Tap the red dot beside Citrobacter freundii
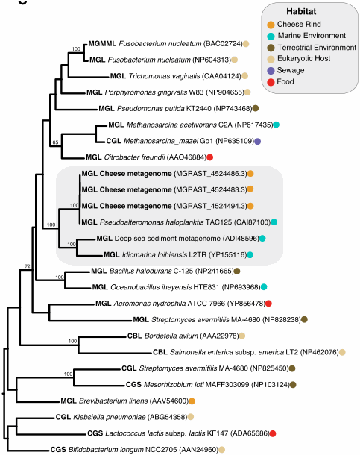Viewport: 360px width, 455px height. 209,157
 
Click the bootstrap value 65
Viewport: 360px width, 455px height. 54,139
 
